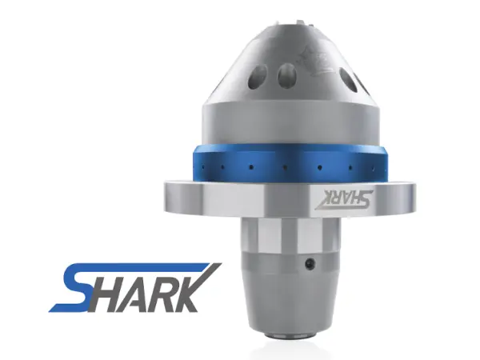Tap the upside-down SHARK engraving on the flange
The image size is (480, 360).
[344, 199]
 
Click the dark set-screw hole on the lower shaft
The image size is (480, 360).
[311, 262]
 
